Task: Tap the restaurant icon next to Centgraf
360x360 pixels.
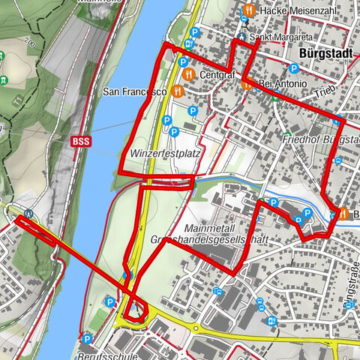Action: pos(188,74)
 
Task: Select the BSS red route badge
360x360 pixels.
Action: pos(79,140)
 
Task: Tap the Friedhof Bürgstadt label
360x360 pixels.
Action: pos(319,141)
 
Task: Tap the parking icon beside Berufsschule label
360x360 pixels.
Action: pos(86,338)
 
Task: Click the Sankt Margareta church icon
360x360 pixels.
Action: pos(241,35)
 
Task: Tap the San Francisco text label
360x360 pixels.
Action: pos(134,92)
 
